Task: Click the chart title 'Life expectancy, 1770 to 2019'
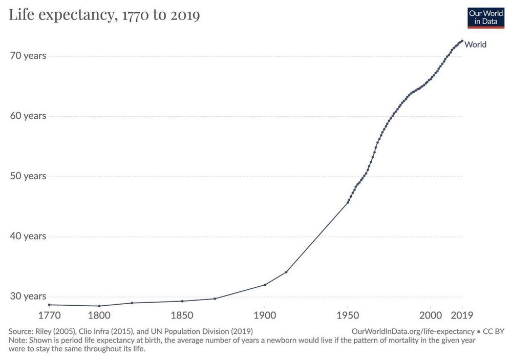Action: [104, 15]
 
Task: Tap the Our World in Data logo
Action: [486, 17]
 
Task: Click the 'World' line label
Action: [475, 45]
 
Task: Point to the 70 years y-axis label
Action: [28, 55]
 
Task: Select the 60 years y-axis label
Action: [28, 116]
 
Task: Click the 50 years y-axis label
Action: [28, 176]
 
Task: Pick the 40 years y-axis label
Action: [28, 236]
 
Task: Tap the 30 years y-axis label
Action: [28, 297]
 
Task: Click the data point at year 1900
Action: [265, 285]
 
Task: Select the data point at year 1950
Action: [348, 202]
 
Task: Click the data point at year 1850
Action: [182, 301]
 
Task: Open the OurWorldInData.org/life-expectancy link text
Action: [413, 331]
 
